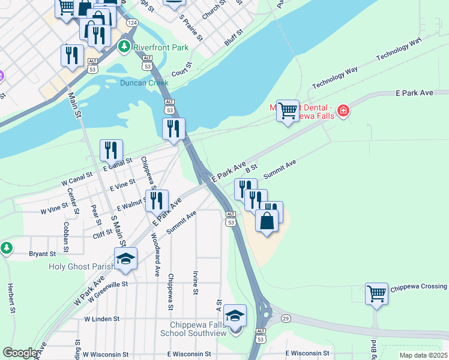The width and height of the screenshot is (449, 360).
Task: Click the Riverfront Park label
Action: pos(161,47)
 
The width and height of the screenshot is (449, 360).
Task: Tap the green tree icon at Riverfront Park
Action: pos(125,46)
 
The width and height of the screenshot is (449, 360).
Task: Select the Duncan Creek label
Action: pos(144,83)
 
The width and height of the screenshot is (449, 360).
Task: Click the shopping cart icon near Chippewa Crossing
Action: pos(376,294)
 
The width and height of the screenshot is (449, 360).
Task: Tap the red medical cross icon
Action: pos(343,110)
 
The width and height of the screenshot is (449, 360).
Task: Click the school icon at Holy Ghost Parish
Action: pos(126,258)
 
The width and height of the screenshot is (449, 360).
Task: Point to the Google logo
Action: pos(20,353)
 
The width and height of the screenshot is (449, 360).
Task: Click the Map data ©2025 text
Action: pos(424,355)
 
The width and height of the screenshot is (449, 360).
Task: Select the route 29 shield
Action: pos(286,317)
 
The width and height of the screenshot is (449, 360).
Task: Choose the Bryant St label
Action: pos(42,254)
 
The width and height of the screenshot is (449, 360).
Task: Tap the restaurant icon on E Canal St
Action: pos(111,150)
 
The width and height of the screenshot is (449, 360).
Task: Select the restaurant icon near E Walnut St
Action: pos(157,200)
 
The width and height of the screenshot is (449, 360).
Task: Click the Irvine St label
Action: pos(196,282)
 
